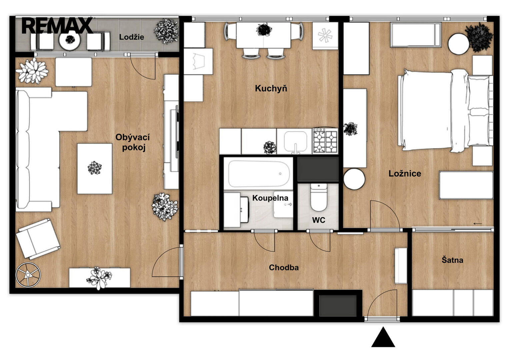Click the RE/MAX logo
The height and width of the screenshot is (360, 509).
(57, 25)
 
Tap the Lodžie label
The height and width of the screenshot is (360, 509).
(132, 37)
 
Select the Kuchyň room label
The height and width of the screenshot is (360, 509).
(271, 88)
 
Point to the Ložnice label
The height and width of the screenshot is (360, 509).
(405, 173)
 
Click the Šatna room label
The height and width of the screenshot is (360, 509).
(452, 260)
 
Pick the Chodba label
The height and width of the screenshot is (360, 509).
(284, 267)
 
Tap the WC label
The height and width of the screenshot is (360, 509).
(319, 220)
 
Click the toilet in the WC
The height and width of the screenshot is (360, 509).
(319, 197)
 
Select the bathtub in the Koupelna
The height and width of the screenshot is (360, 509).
(259, 174)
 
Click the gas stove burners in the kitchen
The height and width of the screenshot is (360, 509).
(325, 140)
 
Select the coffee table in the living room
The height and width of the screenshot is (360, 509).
(95, 168)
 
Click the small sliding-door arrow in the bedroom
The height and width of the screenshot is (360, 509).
(477, 224)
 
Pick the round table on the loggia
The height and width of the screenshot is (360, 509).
(70, 40)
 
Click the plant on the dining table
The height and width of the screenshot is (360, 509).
(264, 30)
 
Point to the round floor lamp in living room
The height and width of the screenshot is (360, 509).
(28, 275)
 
